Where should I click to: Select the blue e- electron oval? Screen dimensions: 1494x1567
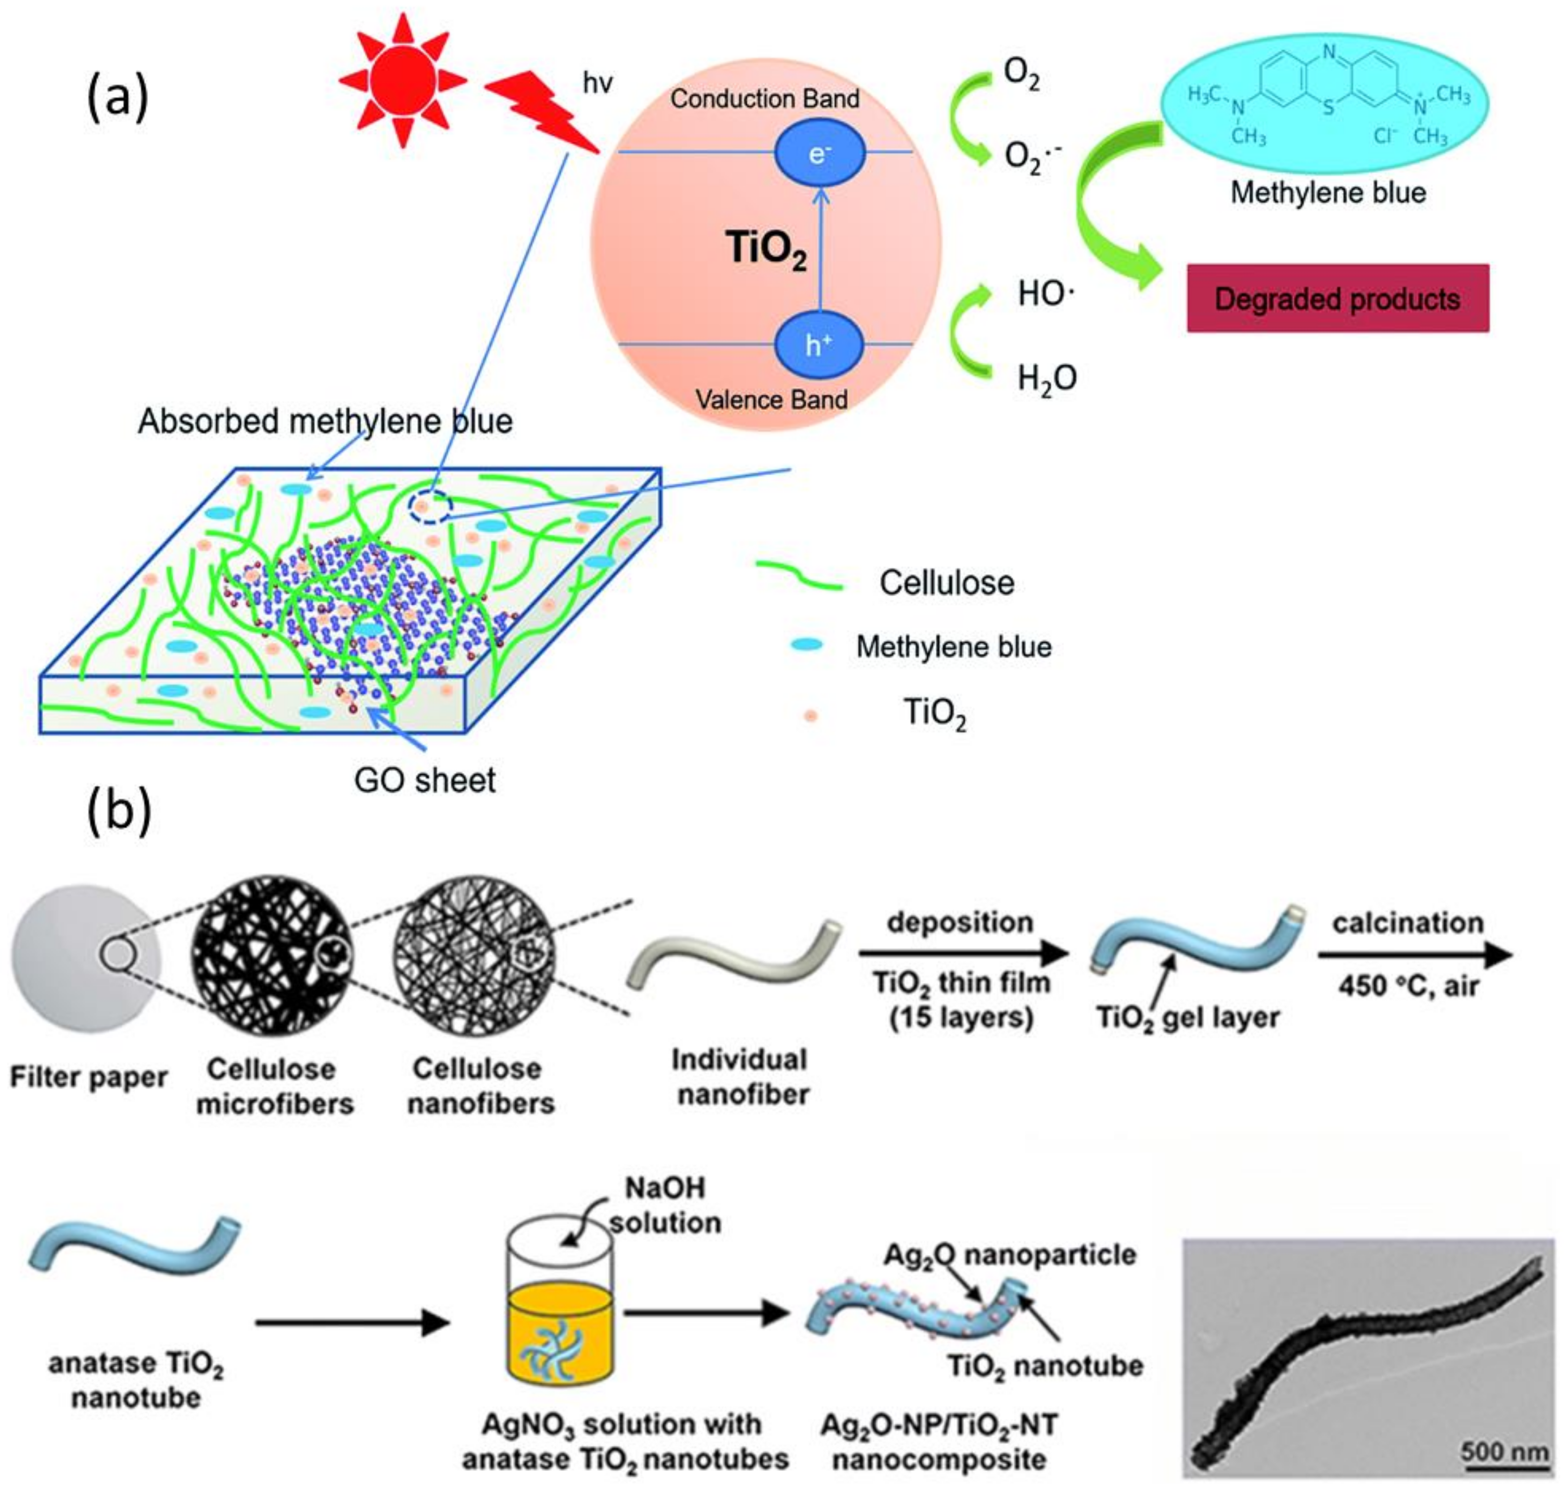pyautogui.click(x=819, y=153)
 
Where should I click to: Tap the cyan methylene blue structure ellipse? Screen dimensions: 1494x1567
pyautogui.click(x=1326, y=104)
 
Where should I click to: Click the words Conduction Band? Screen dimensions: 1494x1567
pyautogui.click(x=764, y=99)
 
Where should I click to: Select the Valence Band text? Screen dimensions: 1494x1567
pyautogui.click(x=771, y=399)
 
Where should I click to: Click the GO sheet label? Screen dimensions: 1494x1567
pyautogui.click(x=425, y=780)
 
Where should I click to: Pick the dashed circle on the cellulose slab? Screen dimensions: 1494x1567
pyautogui.click(x=431, y=507)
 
